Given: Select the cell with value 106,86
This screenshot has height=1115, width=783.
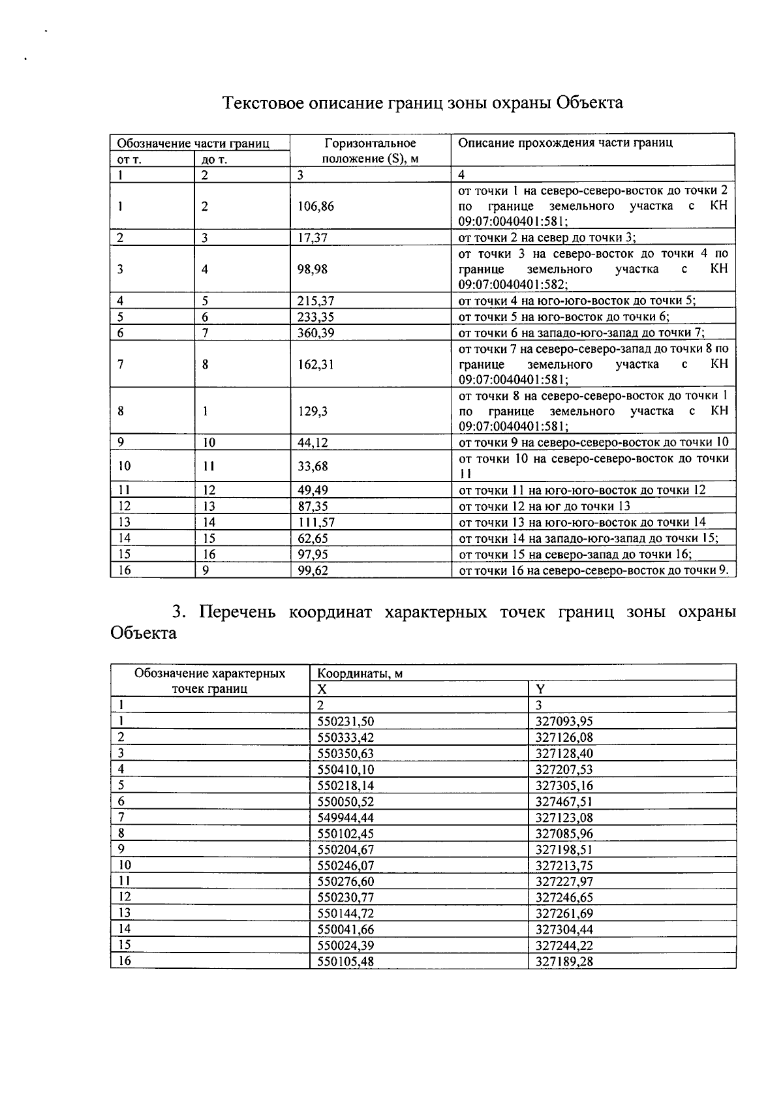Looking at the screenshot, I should pos(316,206).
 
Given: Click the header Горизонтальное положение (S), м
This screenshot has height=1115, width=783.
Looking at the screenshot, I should pos(370,151).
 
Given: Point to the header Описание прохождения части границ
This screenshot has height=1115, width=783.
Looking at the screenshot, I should pos(565,143).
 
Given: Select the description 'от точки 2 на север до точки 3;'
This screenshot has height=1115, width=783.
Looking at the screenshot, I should pos(547,237).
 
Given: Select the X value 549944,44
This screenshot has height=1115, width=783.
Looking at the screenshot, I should pos(345,817).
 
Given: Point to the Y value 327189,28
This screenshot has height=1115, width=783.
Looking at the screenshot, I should pos(564,961).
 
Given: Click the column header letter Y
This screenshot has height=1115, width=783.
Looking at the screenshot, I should pos(540,689).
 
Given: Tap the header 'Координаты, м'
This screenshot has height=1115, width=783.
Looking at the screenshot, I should pos(360,673).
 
